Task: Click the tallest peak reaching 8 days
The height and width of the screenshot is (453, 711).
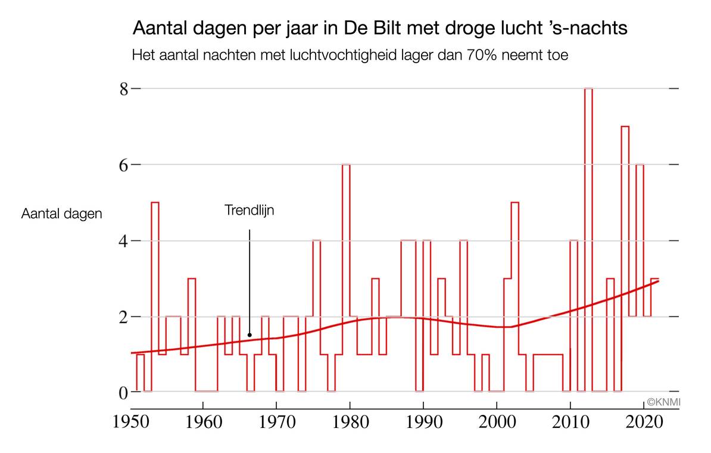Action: [x=588, y=89]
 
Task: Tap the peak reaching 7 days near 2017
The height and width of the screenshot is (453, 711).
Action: [x=625, y=127]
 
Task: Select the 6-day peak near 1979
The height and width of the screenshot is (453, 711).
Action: [x=346, y=165]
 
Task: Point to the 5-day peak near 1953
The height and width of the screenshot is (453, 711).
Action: [x=155, y=203]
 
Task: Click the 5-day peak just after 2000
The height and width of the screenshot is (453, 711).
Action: [x=515, y=203]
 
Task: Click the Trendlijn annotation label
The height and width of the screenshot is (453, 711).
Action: [x=250, y=210]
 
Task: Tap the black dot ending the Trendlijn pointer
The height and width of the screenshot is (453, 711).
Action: [x=250, y=335]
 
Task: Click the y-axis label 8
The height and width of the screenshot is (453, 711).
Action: [x=124, y=89]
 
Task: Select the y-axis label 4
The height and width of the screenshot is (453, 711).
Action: [x=124, y=241]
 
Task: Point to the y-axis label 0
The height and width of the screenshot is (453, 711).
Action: [x=124, y=392]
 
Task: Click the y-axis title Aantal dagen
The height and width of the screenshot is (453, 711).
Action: [x=62, y=213]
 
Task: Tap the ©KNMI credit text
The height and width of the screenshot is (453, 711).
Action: [x=663, y=402]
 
